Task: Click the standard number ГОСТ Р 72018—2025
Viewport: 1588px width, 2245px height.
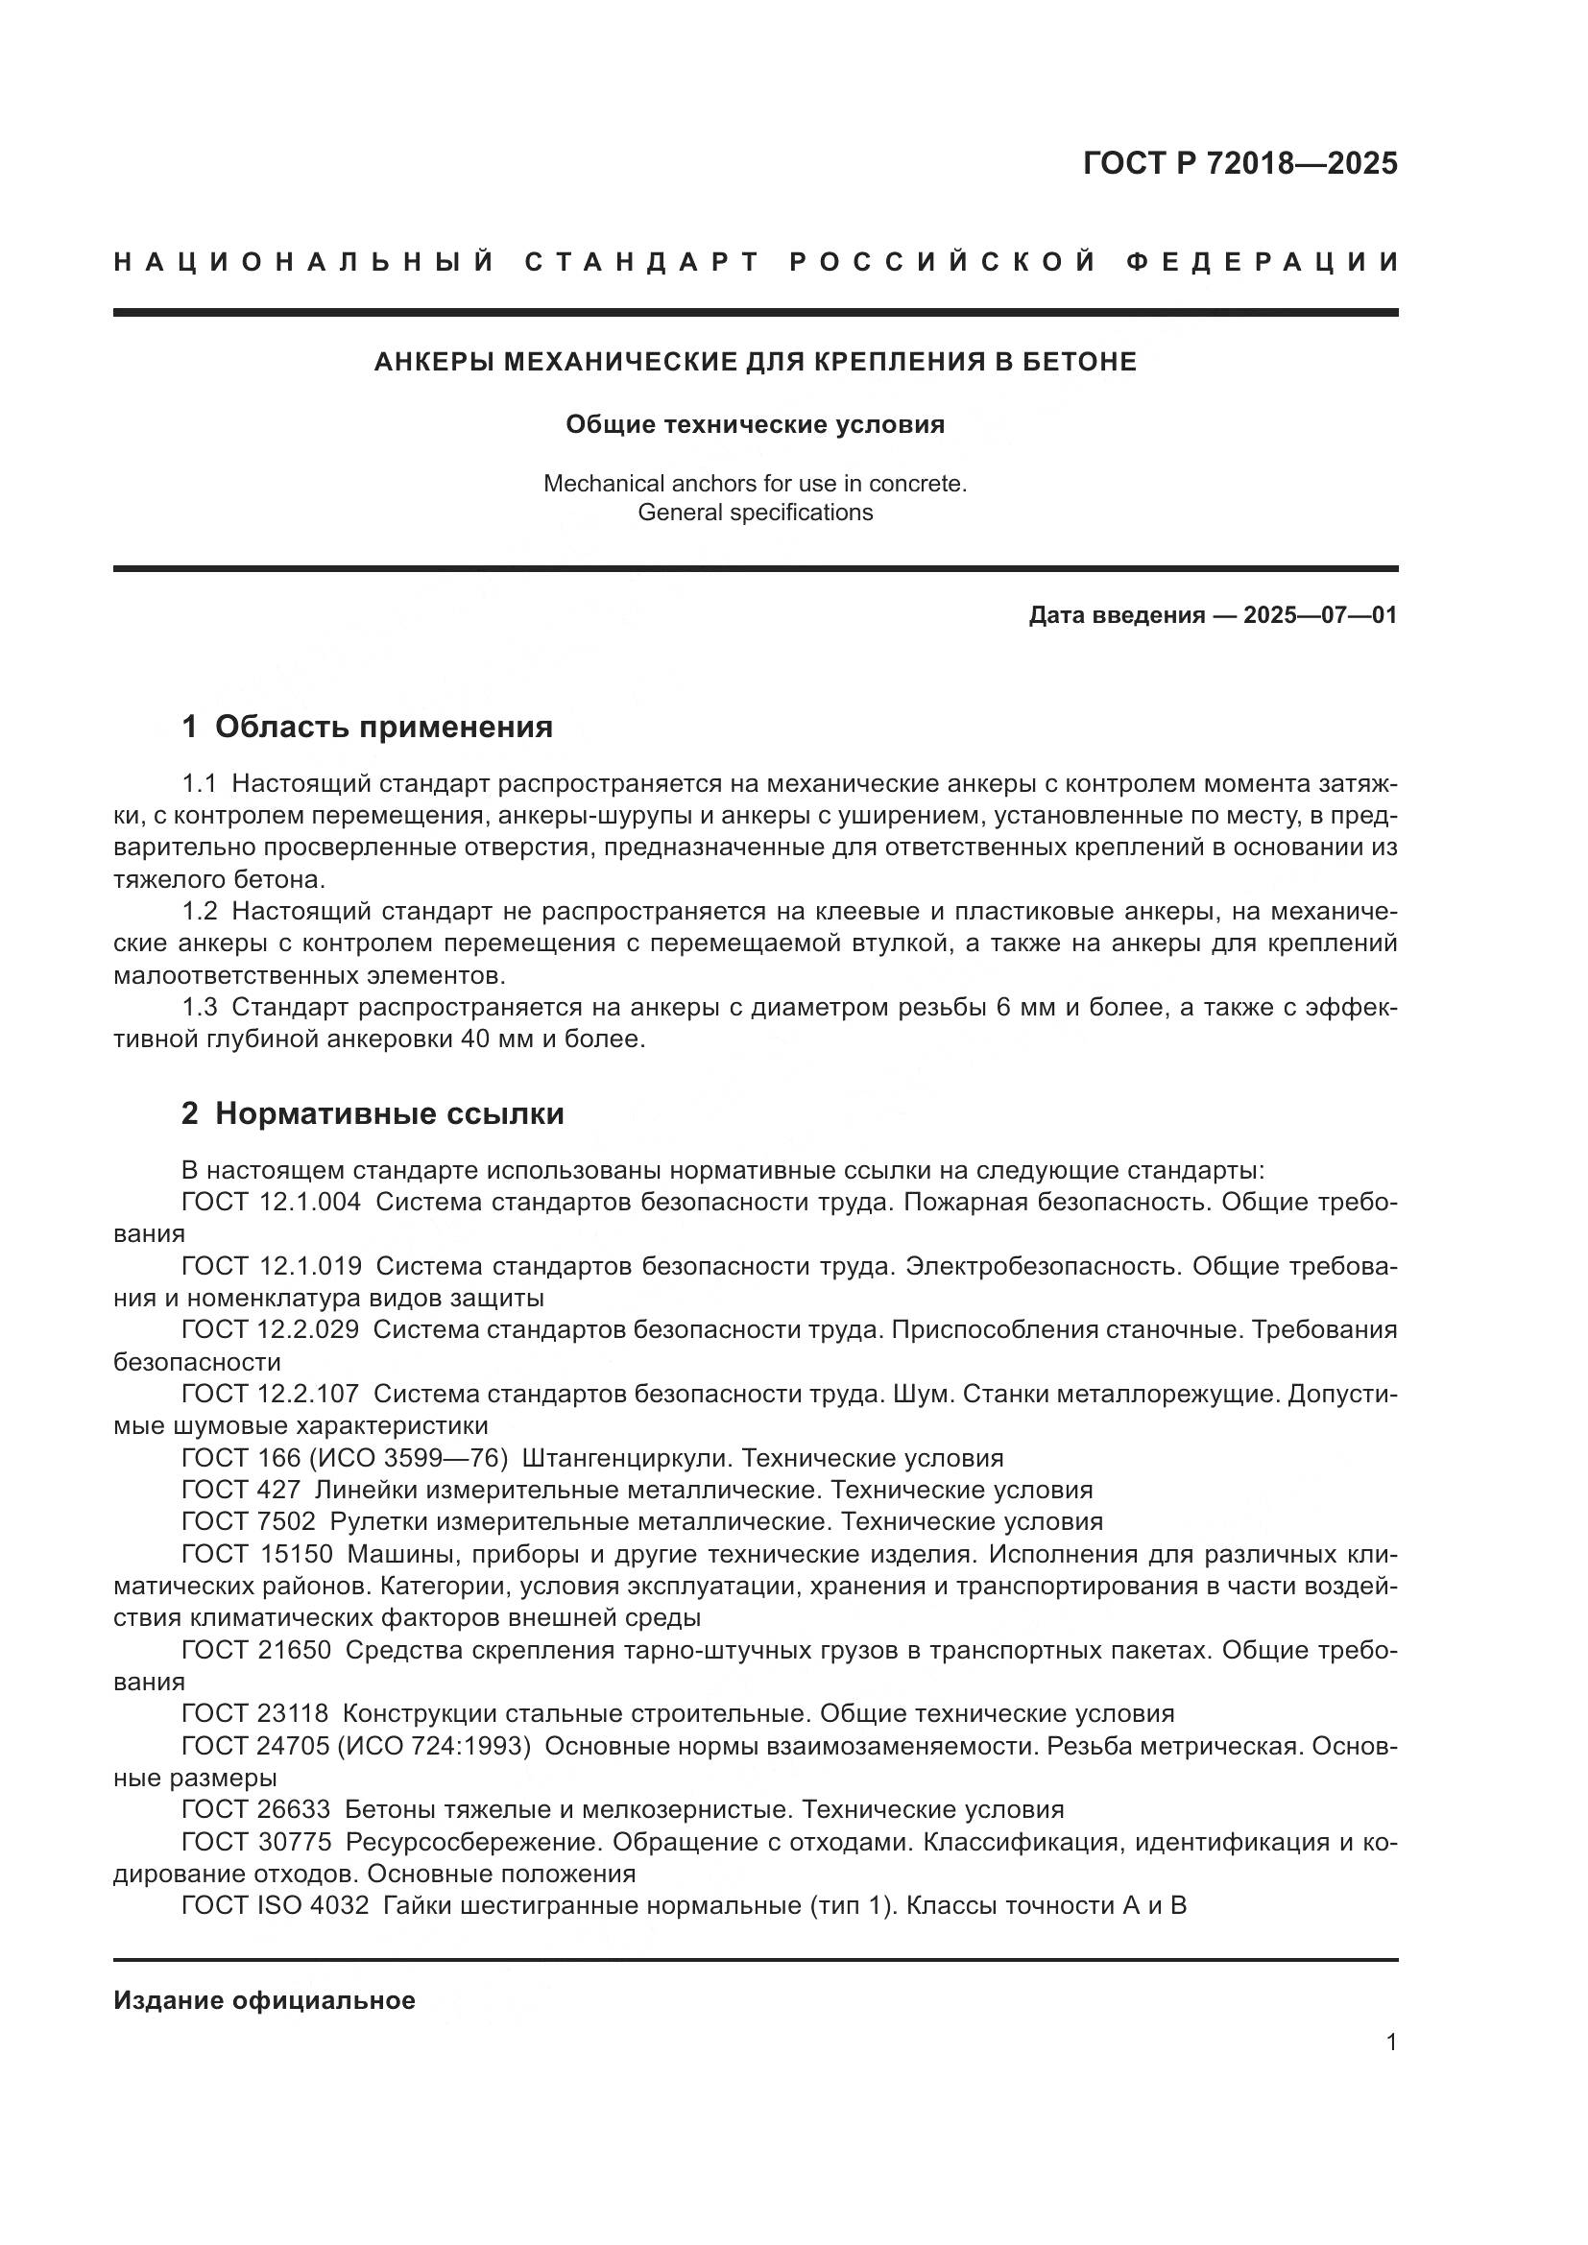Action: (x=1239, y=163)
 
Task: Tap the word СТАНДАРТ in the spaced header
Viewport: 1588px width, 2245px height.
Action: (x=642, y=262)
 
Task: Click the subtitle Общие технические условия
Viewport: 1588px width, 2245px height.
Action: (x=755, y=424)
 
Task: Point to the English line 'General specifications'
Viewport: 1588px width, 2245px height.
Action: (x=755, y=513)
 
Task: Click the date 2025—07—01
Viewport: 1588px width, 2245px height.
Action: (x=1320, y=615)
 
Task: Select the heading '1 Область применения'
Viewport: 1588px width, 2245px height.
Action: (x=367, y=727)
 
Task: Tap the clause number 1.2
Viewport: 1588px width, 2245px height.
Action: (x=200, y=911)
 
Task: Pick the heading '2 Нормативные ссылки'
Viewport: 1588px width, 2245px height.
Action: (x=373, y=1113)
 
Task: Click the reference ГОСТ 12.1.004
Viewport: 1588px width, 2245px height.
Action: (x=271, y=1202)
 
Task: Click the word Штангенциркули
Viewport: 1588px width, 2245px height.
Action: (x=625, y=1458)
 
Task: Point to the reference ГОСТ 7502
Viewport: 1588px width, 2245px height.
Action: (x=249, y=1521)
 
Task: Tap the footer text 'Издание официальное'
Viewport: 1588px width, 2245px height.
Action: (x=264, y=2000)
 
